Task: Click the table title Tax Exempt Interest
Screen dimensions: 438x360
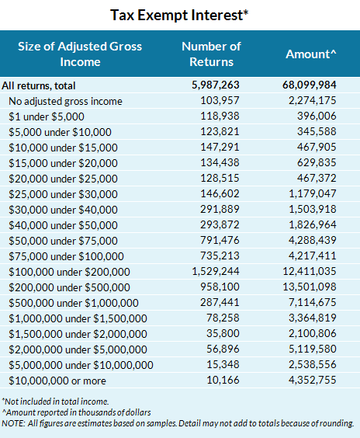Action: coord(179,15)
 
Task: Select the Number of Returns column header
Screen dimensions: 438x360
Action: coord(212,54)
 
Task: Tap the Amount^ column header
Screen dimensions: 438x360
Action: coord(310,54)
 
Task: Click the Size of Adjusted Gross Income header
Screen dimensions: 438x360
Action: coord(80,54)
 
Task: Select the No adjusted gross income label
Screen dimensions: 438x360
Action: coord(65,102)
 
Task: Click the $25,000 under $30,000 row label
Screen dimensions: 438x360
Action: coord(63,194)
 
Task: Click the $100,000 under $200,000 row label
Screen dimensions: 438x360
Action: coord(69,272)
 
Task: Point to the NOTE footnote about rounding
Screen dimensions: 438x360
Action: coord(178,423)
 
